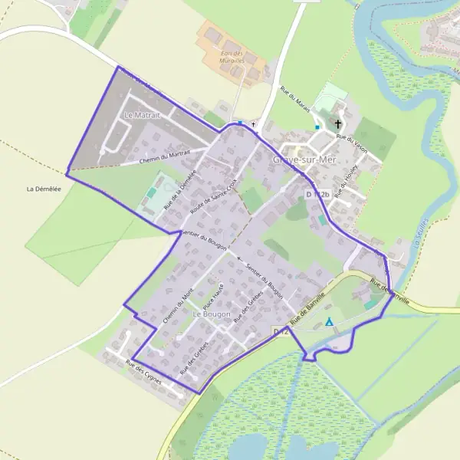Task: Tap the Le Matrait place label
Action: coord(140,115)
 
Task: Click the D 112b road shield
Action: coord(317,195)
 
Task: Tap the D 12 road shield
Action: coord(281,331)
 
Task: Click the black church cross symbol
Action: coord(338,122)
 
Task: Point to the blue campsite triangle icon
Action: coord(330,323)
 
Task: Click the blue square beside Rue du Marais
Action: coord(317,127)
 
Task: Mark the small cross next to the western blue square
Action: coord(253,123)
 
